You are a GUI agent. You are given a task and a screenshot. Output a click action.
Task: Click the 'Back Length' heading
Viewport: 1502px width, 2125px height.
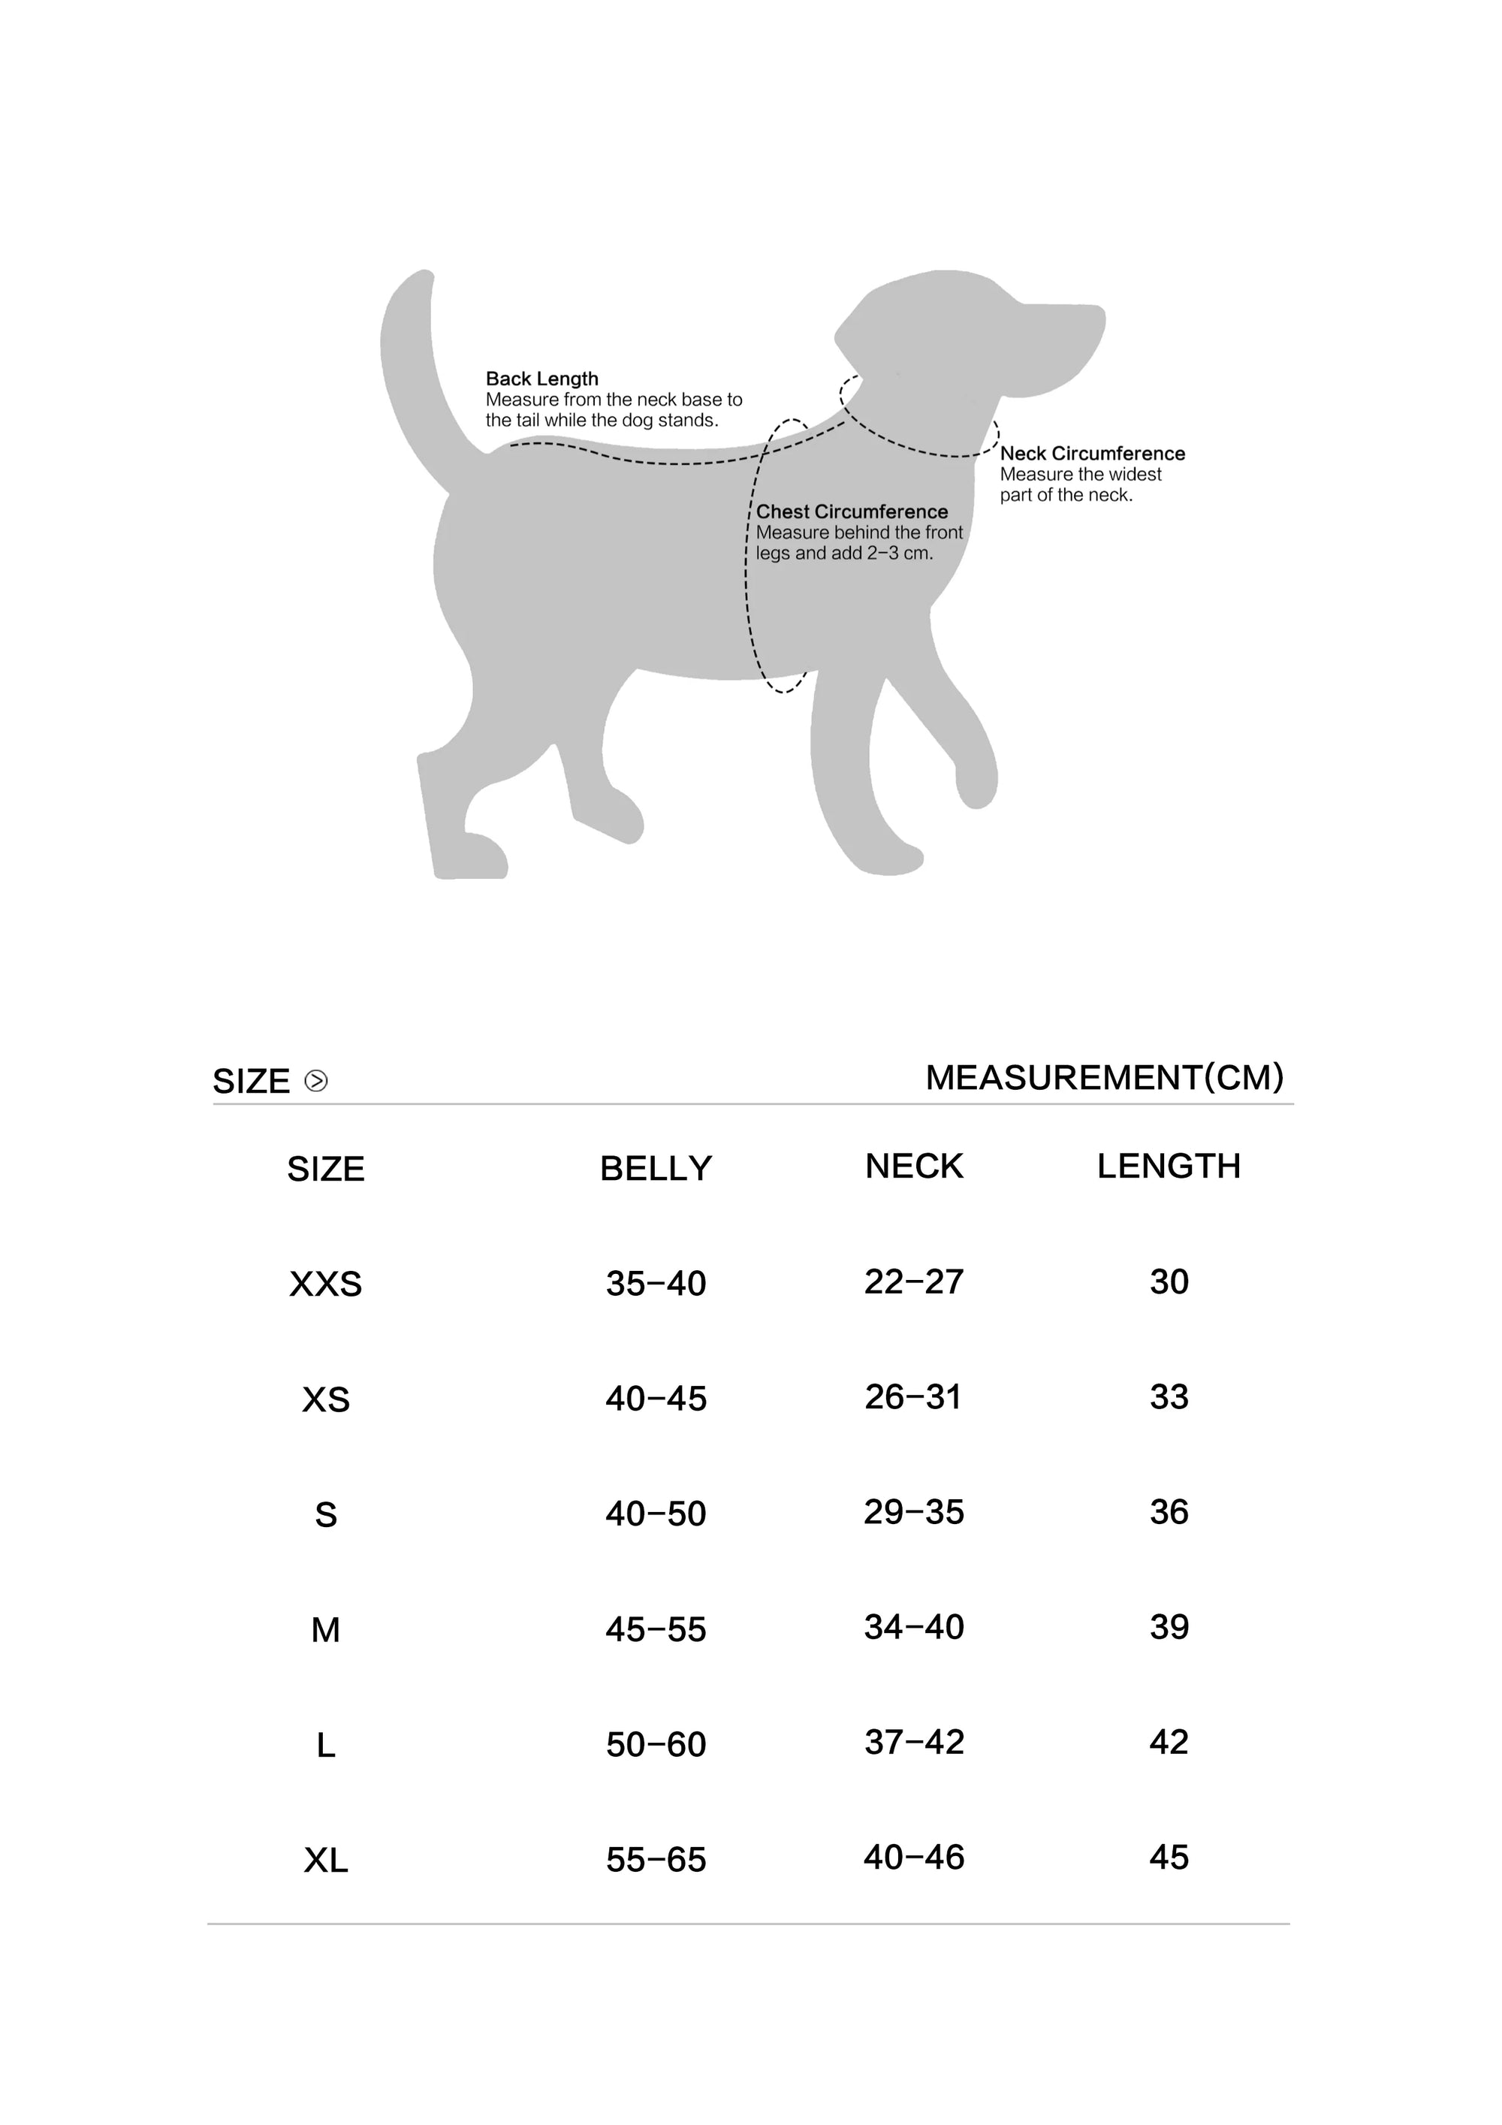tap(541, 379)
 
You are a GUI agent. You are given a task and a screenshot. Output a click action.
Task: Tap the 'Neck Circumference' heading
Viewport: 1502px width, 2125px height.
tap(1092, 454)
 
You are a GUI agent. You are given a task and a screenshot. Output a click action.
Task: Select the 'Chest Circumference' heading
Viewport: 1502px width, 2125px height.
tap(852, 512)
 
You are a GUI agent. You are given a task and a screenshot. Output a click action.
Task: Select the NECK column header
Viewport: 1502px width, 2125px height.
tap(914, 1166)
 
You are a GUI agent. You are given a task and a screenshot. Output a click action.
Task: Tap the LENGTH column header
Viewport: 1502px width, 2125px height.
tap(1169, 1166)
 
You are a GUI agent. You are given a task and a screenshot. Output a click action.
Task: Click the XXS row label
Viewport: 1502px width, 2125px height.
tap(326, 1284)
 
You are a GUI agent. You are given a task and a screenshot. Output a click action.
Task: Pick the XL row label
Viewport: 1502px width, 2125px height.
tap(326, 1861)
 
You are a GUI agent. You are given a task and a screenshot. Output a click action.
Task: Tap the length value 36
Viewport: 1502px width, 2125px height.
tap(1169, 1511)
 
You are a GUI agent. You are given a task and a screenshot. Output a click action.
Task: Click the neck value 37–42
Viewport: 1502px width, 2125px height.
tap(914, 1742)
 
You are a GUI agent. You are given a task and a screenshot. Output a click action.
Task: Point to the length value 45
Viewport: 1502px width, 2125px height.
tap(1169, 1857)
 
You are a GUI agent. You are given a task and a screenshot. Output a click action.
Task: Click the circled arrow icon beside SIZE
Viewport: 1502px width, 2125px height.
tap(315, 1081)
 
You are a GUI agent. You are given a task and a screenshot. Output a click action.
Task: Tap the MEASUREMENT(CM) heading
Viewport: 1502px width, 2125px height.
tap(1104, 1077)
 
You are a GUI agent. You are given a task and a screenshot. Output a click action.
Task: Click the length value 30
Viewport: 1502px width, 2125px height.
tap(1169, 1282)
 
